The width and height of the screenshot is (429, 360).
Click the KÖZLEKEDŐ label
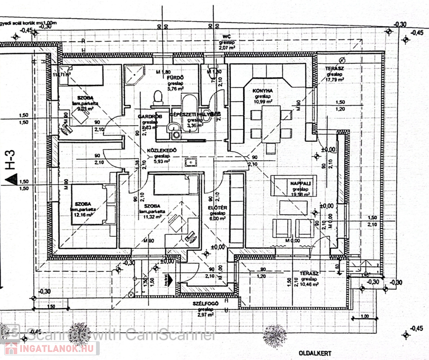pyautogui.click(x=161, y=151)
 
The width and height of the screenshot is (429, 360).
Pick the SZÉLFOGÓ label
pyautogui.click(x=206, y=304)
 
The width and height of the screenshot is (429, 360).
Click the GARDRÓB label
pyautogui.click(x=148, y=116)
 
